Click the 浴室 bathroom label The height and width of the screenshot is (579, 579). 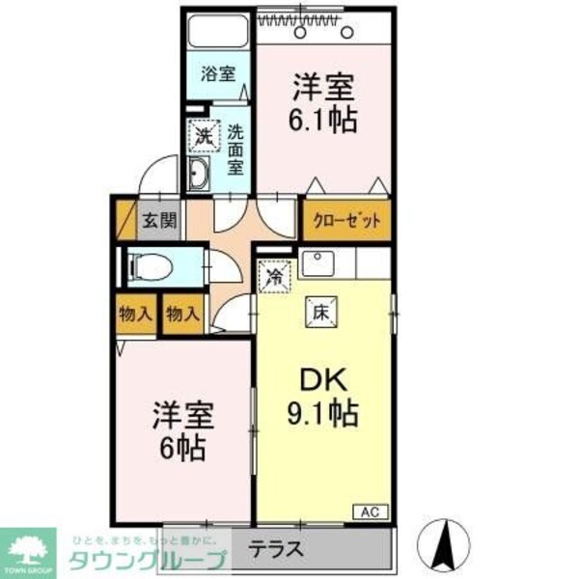click(218, 73)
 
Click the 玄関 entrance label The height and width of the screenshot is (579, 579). click(160, 219)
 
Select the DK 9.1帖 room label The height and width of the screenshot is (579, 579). click(324, 400)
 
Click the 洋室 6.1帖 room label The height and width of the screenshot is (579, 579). click(324, 104)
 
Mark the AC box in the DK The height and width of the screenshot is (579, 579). click(372, 511)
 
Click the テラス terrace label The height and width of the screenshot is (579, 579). click(277, 551)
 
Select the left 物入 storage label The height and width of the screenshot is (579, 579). click(135, 315)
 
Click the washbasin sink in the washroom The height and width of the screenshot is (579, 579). click(201, 175)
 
